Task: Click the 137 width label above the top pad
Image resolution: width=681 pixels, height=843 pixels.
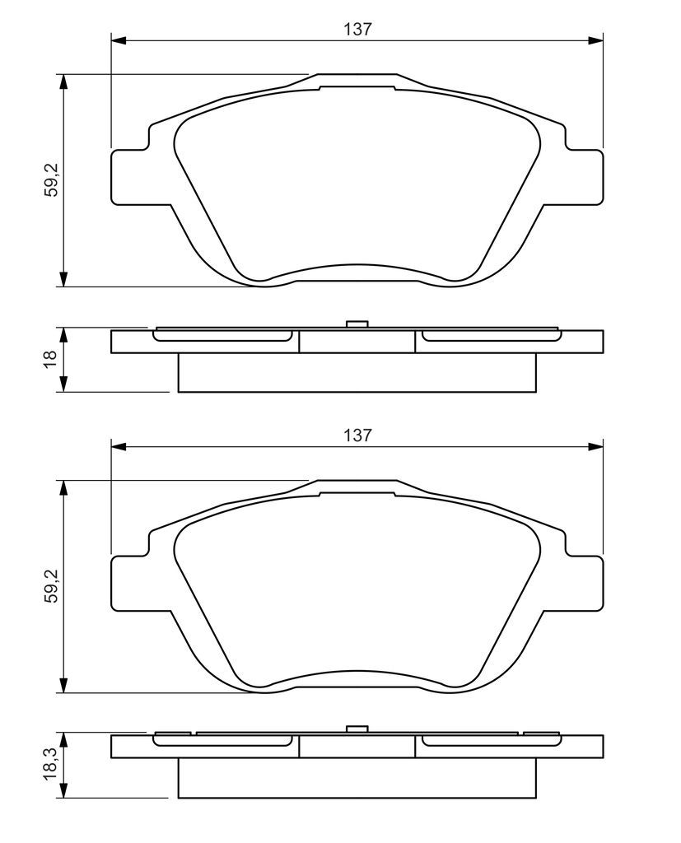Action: [x=357, y=29]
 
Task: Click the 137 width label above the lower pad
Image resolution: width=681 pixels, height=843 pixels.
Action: [x=357, y=435]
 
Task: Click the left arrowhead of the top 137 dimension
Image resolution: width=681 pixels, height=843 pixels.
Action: [x=118, y=40]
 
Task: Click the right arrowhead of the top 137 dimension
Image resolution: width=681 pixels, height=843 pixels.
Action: [x=596, y=40]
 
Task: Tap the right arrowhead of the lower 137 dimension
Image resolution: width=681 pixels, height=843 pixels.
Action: [x=596, y=446]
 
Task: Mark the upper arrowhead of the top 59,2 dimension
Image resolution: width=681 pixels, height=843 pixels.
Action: [x=64, y=82]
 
